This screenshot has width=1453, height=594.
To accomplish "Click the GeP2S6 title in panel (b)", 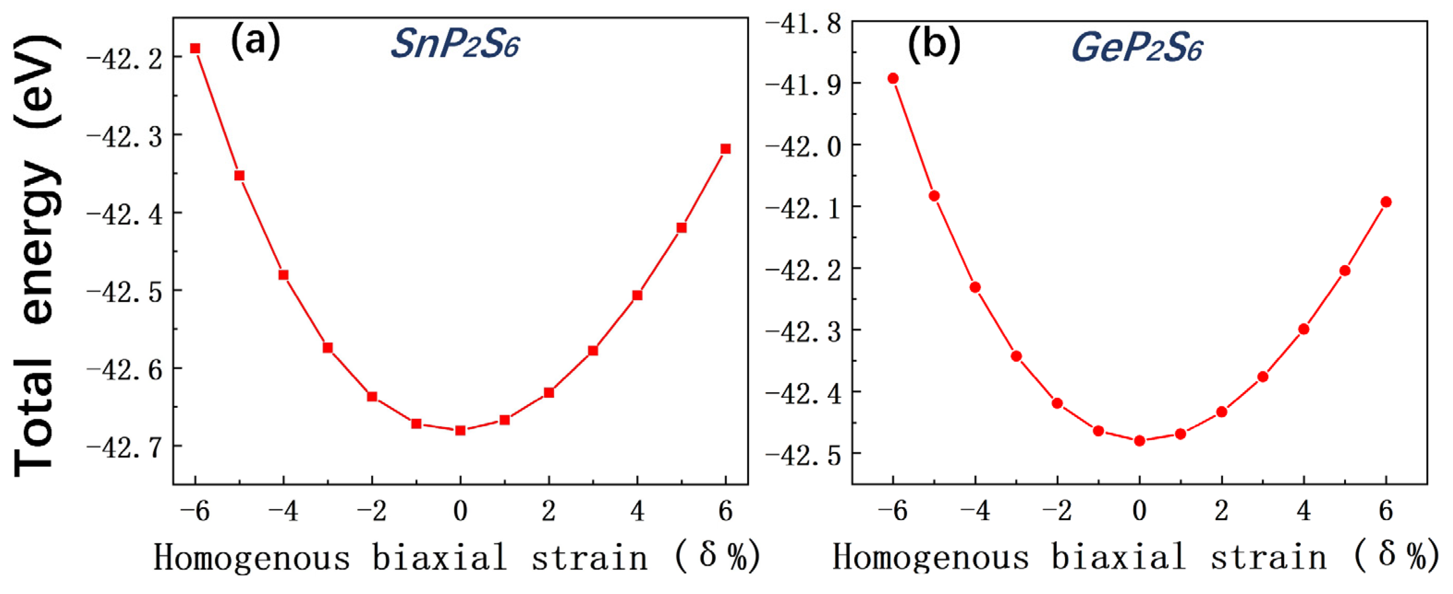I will pos(1136,48).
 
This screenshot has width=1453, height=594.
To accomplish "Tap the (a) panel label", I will pos(255,41).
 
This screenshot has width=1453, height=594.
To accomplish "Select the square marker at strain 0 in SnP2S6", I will pos(460,430).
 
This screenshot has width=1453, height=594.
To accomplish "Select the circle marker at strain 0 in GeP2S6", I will pos(1139,441).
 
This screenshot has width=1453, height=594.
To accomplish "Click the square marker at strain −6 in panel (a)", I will pos(195,48).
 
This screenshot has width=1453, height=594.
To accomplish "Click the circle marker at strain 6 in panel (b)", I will pos(1386,202).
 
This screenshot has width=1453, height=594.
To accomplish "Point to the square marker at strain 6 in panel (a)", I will pos(726,149).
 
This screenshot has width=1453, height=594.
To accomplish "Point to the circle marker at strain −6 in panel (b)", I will pos(893,79).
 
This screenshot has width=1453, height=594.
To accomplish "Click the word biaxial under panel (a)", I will pos(439,558).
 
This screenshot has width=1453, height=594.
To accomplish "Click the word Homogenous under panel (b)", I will pos(930,558).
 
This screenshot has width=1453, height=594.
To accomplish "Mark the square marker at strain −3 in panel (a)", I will pos(328,347).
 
